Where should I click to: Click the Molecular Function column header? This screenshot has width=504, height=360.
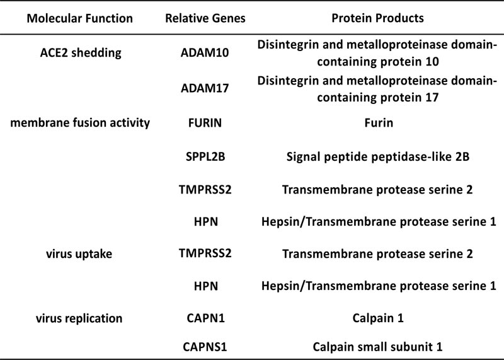pos(80,18)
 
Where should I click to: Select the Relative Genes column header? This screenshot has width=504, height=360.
pos(205,18)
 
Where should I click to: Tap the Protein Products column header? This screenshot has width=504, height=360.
pos(377,18)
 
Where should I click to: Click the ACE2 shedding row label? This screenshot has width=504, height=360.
pos(81,53)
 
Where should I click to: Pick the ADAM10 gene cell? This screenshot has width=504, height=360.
pos(205,53)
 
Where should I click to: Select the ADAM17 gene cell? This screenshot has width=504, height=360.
pos(205,88)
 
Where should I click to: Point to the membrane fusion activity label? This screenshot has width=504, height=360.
pos(80,123)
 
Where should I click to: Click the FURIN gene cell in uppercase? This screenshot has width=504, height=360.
pos(205,123)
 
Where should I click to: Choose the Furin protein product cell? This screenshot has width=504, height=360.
pos(379,123)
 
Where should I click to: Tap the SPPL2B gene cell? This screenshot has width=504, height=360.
pos(205,157)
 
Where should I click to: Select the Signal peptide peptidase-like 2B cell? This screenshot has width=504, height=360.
pos(377,157)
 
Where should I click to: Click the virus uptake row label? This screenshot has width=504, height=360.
pos(79,254)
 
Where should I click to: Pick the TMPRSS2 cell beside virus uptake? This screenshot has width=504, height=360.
pos(205,253)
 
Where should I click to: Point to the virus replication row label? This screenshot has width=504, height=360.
pos(79,318)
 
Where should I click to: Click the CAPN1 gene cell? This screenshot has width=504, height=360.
pos(206,318)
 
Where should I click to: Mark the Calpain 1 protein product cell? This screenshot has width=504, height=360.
pos(377,318)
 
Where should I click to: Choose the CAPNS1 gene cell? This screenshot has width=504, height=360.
pos(205,347)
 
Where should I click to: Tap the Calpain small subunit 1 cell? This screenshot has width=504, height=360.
pos(377,347)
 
